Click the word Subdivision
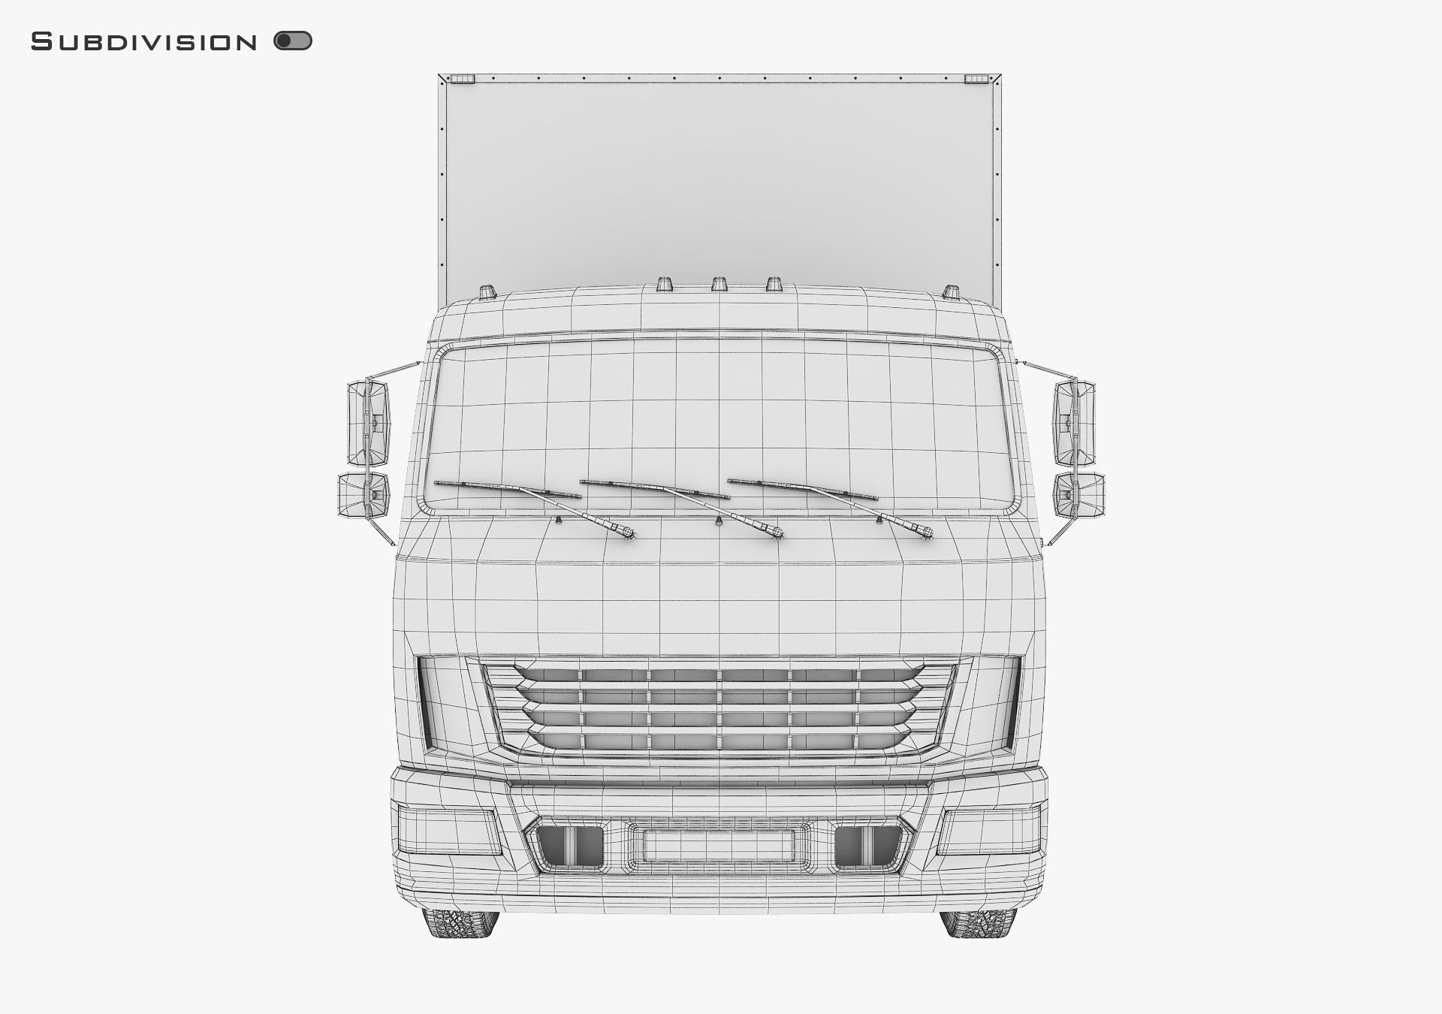click(x=143, y=42)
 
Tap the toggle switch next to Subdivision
click(x=293, y=41)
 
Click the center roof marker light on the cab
click(x=719, y=284)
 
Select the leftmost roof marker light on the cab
click(x=487, y=291)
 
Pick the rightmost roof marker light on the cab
click(x=951, y=291)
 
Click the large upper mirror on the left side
click(x=368, y=423)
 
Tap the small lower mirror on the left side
click(x=364, y=495)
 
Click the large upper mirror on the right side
click(x=1074, y=423)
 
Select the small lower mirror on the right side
click(x=1078, y=495)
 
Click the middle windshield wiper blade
click(x=653, y=489)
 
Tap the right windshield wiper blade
click(x=801, y=489)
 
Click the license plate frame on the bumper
click(x=719, y=846)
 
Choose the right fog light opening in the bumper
click(x=867, y=846)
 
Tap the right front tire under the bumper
click(x=977, y=924)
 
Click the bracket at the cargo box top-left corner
click(x=462, y=79)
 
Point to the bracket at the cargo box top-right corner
click(x=976, y=79)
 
